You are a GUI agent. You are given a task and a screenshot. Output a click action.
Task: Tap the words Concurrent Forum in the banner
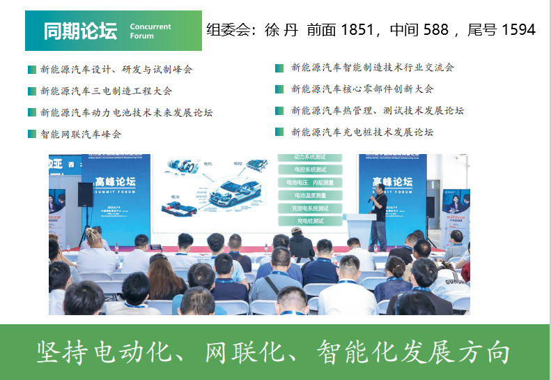tap(150, 31)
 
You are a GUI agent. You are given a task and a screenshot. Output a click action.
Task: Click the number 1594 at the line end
tap(517, 30)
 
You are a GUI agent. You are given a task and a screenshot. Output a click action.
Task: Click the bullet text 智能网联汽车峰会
tap(80, 134)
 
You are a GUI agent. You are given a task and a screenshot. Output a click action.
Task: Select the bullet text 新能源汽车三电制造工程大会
tap(106, 91)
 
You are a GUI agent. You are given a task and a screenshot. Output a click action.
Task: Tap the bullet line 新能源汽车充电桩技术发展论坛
tap(362, 132)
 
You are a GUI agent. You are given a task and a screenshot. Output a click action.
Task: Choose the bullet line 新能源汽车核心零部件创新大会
tap(362, 89)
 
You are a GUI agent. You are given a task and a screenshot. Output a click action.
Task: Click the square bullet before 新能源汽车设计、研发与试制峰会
tap(32, 70)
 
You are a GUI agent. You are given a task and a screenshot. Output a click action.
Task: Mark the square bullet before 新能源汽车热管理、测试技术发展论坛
tap(279, 111)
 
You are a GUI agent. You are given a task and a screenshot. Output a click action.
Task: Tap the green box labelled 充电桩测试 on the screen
tap(310, 221)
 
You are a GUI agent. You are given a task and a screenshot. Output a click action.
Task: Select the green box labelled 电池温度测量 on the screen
tap(310, 195)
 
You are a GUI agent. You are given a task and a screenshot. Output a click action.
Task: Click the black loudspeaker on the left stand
tap(85, 194)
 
